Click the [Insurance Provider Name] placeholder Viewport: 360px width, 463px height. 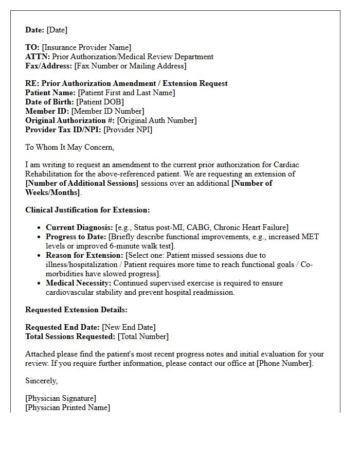(86, 47)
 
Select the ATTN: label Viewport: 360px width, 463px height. (38, 57)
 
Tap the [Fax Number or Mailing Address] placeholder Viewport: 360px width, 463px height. (130, 66)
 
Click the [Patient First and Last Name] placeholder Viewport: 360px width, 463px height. (126, 93)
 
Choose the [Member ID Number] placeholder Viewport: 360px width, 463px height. (107, 111)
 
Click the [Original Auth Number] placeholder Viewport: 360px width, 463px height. (156, 120)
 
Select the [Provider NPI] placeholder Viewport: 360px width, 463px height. (128, 130)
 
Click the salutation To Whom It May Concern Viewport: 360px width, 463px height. (69, 147)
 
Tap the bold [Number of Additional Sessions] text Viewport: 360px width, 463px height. (82, 183)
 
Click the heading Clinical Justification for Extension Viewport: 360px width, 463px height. (87, 210)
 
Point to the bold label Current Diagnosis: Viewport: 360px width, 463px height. (79, 227)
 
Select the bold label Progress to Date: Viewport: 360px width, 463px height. (76, 237)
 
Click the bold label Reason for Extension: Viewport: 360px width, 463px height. (84, 255)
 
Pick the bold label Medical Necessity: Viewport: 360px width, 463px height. (79, 283)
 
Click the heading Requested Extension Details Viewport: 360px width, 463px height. (76, 310)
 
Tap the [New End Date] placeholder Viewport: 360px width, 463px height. (129, 327)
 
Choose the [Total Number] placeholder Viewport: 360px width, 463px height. (143, 336)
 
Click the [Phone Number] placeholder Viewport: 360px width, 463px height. (284, 363)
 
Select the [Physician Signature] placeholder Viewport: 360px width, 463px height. (61, 398)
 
